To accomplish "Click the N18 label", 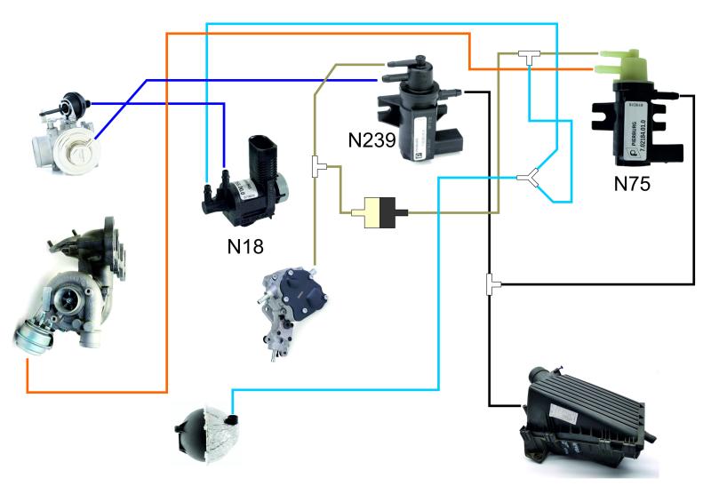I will point(245,245).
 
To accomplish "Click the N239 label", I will point(373,139).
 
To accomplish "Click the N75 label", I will point(634,187).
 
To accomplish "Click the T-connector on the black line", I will point(491,284).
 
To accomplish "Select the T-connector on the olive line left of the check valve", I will point(317,165).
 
